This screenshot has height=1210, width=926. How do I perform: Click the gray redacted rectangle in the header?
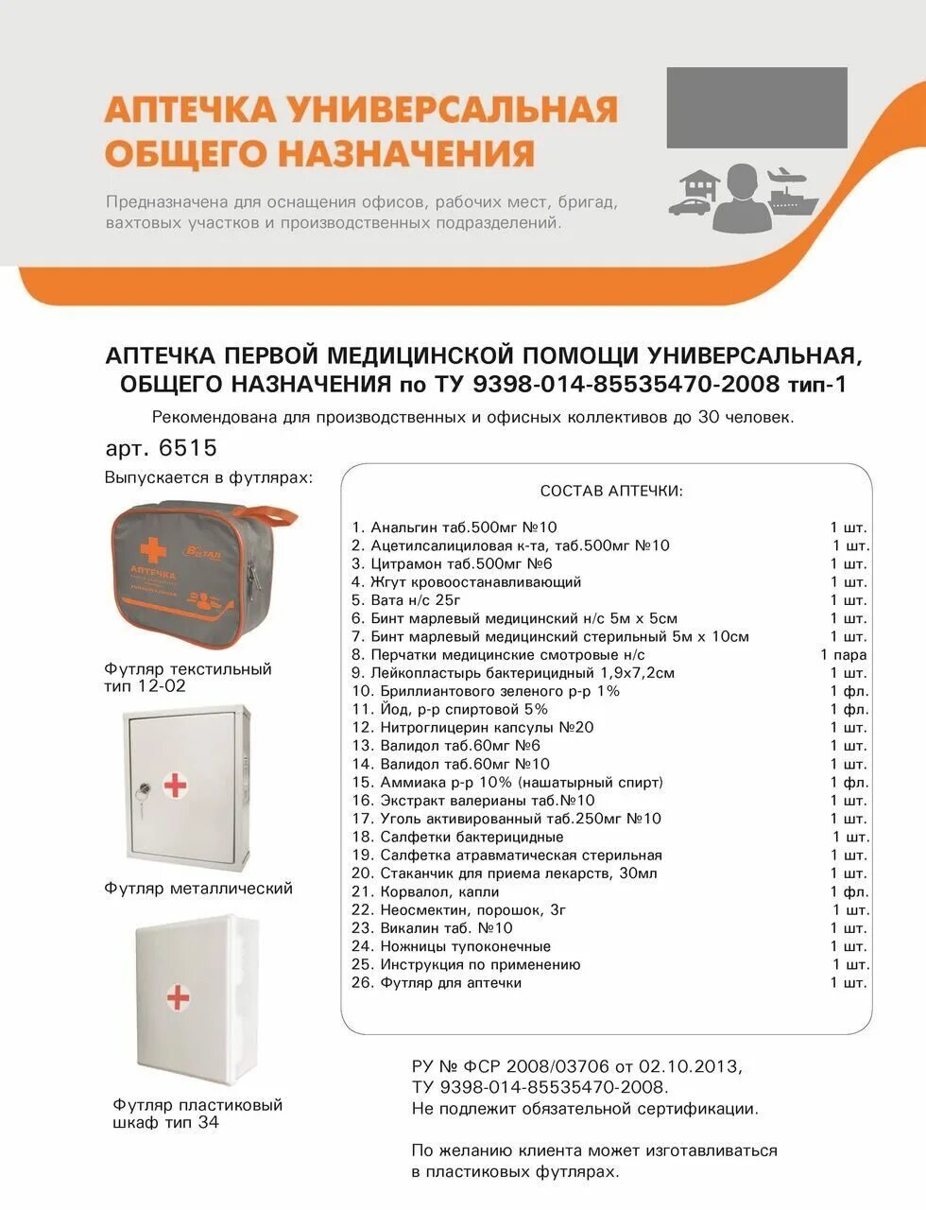tap(756, 108)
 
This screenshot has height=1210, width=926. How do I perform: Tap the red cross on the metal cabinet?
tap(175, 785)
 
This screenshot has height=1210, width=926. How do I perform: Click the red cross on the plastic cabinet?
tap(178, 997)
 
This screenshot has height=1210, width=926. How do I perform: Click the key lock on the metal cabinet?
tap(143, 787)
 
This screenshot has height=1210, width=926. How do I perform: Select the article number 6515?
tap(189, 447)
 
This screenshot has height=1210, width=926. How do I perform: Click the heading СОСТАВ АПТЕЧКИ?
tap(610, 492)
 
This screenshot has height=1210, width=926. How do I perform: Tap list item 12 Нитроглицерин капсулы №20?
tap(486, 727)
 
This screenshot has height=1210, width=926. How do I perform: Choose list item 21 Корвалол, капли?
tap(438, 891)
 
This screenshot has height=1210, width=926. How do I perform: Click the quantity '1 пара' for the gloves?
tap(843, 654)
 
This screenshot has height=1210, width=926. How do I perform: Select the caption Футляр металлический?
tap(198, 889)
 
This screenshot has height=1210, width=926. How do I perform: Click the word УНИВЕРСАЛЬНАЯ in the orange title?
tap(454, 110)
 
